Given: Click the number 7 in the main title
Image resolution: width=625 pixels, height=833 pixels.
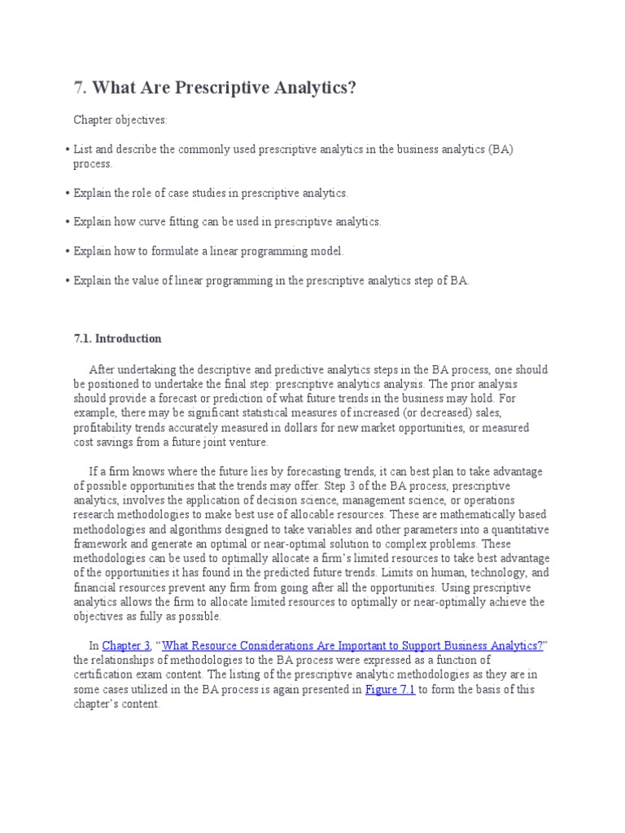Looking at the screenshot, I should pos(79,87).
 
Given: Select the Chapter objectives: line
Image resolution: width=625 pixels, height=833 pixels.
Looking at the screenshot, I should pos(120,120).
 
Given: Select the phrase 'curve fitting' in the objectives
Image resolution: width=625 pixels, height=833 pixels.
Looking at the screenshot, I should pos(191,221).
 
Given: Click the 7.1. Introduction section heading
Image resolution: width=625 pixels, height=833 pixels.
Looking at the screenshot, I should pos(117,338).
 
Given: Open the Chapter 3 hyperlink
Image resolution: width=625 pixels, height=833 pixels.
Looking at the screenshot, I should pos(123,646).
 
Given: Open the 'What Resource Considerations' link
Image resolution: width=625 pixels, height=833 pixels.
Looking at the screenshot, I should pos(353,646).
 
